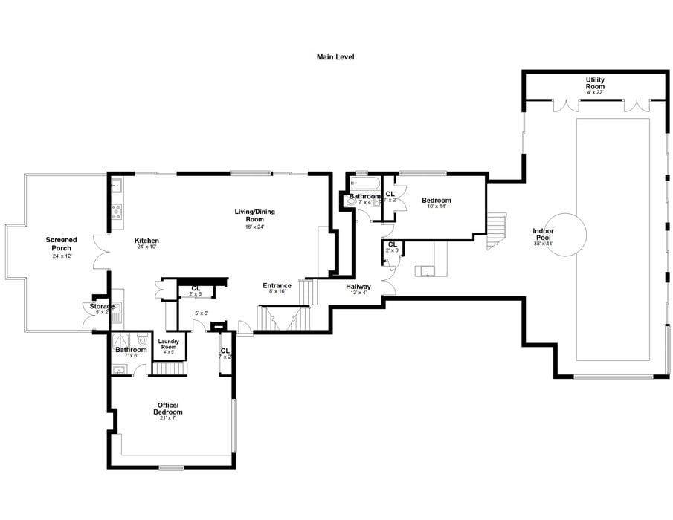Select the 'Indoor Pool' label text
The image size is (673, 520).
(543, 231)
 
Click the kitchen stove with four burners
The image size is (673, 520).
(117, 212)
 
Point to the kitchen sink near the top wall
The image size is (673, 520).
(117, 186)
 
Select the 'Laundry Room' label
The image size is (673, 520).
(169, 345)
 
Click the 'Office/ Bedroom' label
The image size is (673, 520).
(167, 408)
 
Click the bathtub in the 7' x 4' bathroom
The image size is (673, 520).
(364, 182)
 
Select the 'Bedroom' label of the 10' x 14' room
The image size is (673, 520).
(436, 201)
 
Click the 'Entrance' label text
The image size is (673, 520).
(277, 285)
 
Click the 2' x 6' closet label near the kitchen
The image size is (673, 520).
(196, 290)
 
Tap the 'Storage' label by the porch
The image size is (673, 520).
(102, 306)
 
